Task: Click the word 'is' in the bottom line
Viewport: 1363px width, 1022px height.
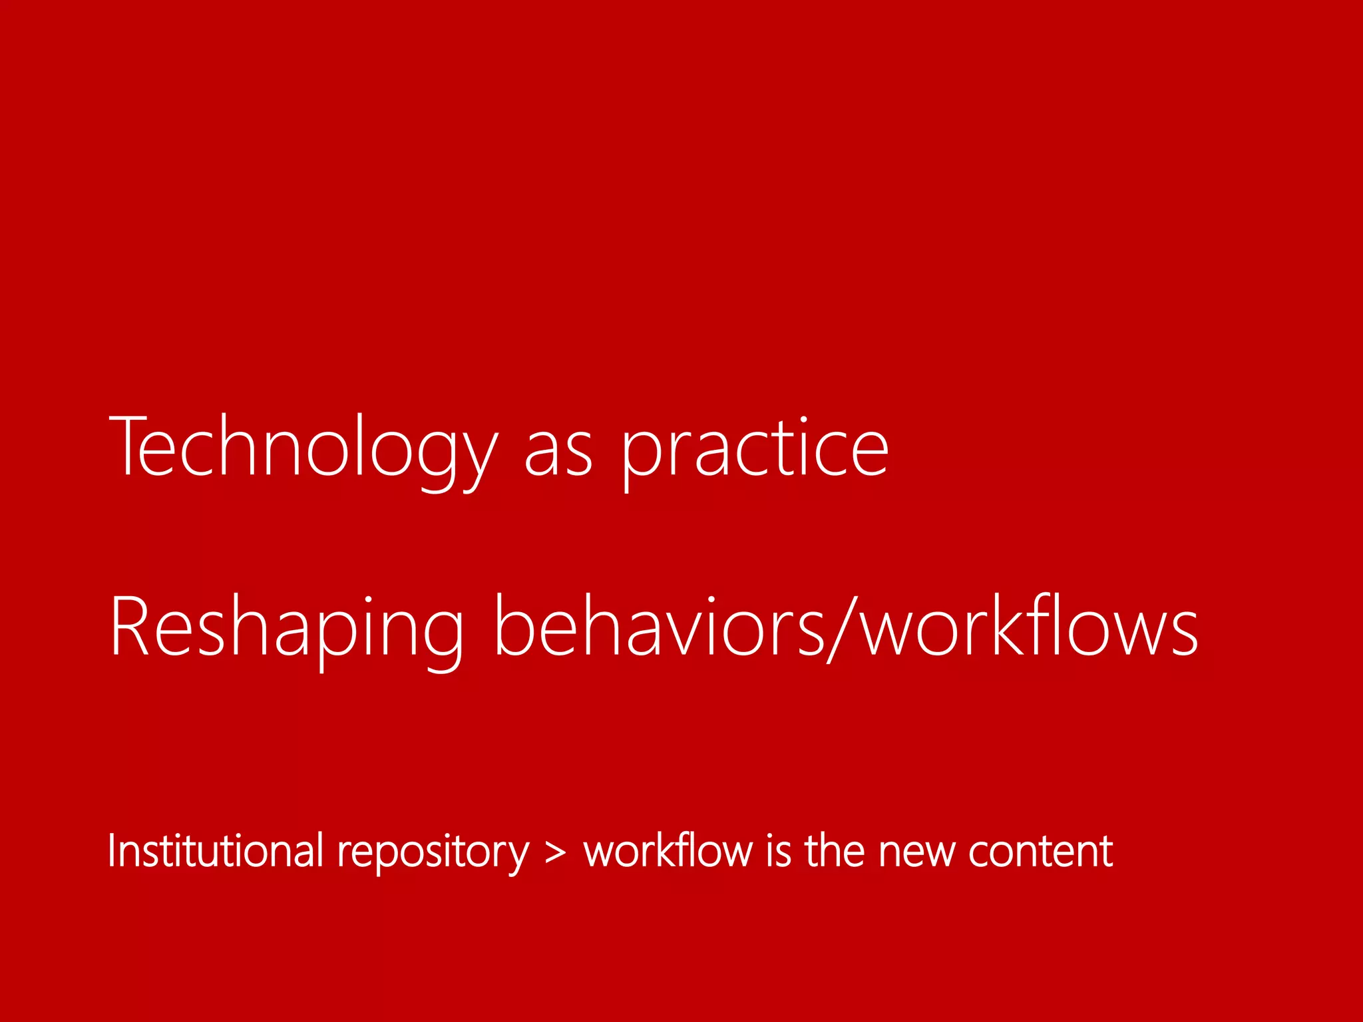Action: (x=778, y=851)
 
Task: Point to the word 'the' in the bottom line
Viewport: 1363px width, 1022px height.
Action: (x=835, y=851)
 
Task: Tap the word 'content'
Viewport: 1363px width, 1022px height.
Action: (x=1040, y=852)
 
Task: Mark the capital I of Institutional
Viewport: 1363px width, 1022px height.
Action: (x=111, y=851)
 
